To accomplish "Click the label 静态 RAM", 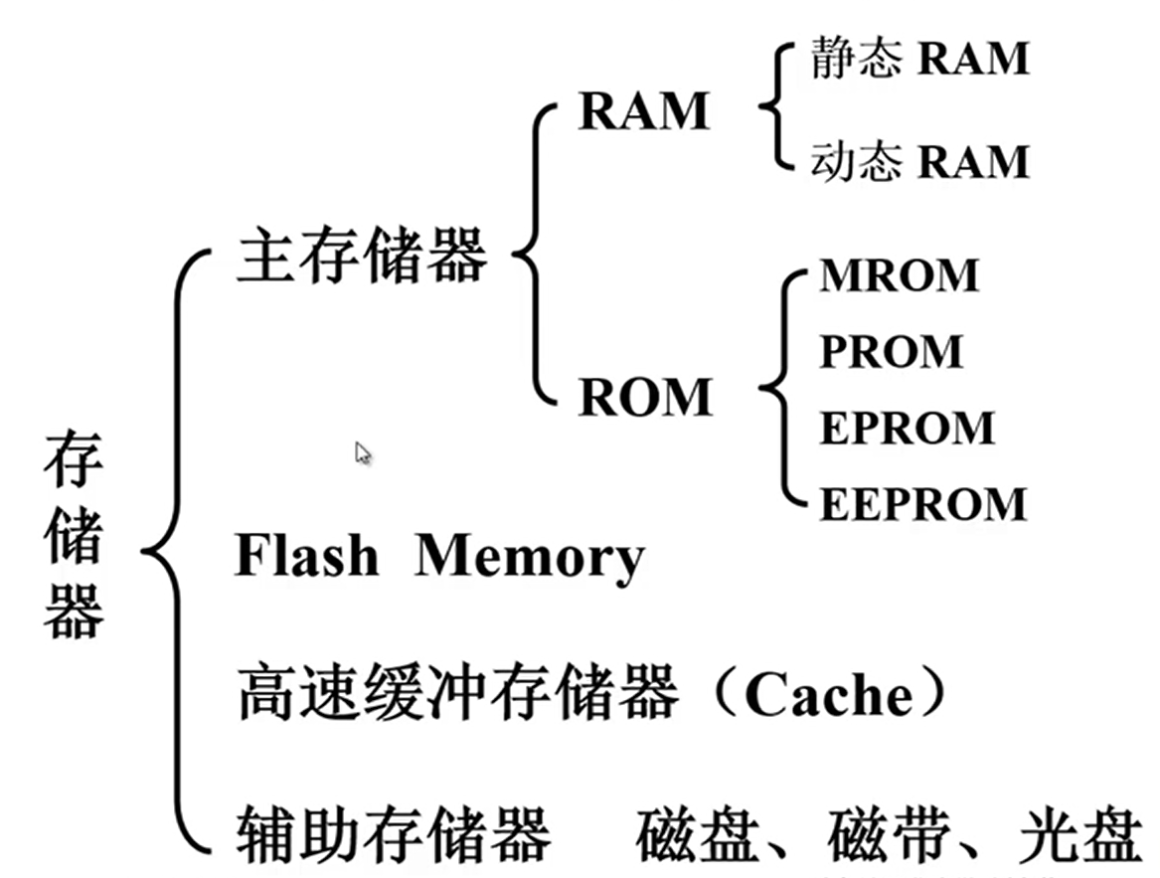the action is coord(919,58).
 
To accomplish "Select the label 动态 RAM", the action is coord(919,161).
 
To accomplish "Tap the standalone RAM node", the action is coord(644,111).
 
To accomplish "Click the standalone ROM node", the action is coord(646,397).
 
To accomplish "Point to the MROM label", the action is coord(900,275).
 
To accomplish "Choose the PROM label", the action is coord(892,351).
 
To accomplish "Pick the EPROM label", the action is coord(907,428).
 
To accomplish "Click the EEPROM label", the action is coord(923,504).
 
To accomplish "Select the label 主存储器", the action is coord(362,256).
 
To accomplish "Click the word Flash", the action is coord(306,555).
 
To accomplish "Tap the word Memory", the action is coord(530,558).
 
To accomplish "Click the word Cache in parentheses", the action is coord(829,694).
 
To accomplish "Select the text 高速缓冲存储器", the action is coord(457,691).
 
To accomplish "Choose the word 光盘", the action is coord(1081,835).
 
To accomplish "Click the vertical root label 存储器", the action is coord(74,534).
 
